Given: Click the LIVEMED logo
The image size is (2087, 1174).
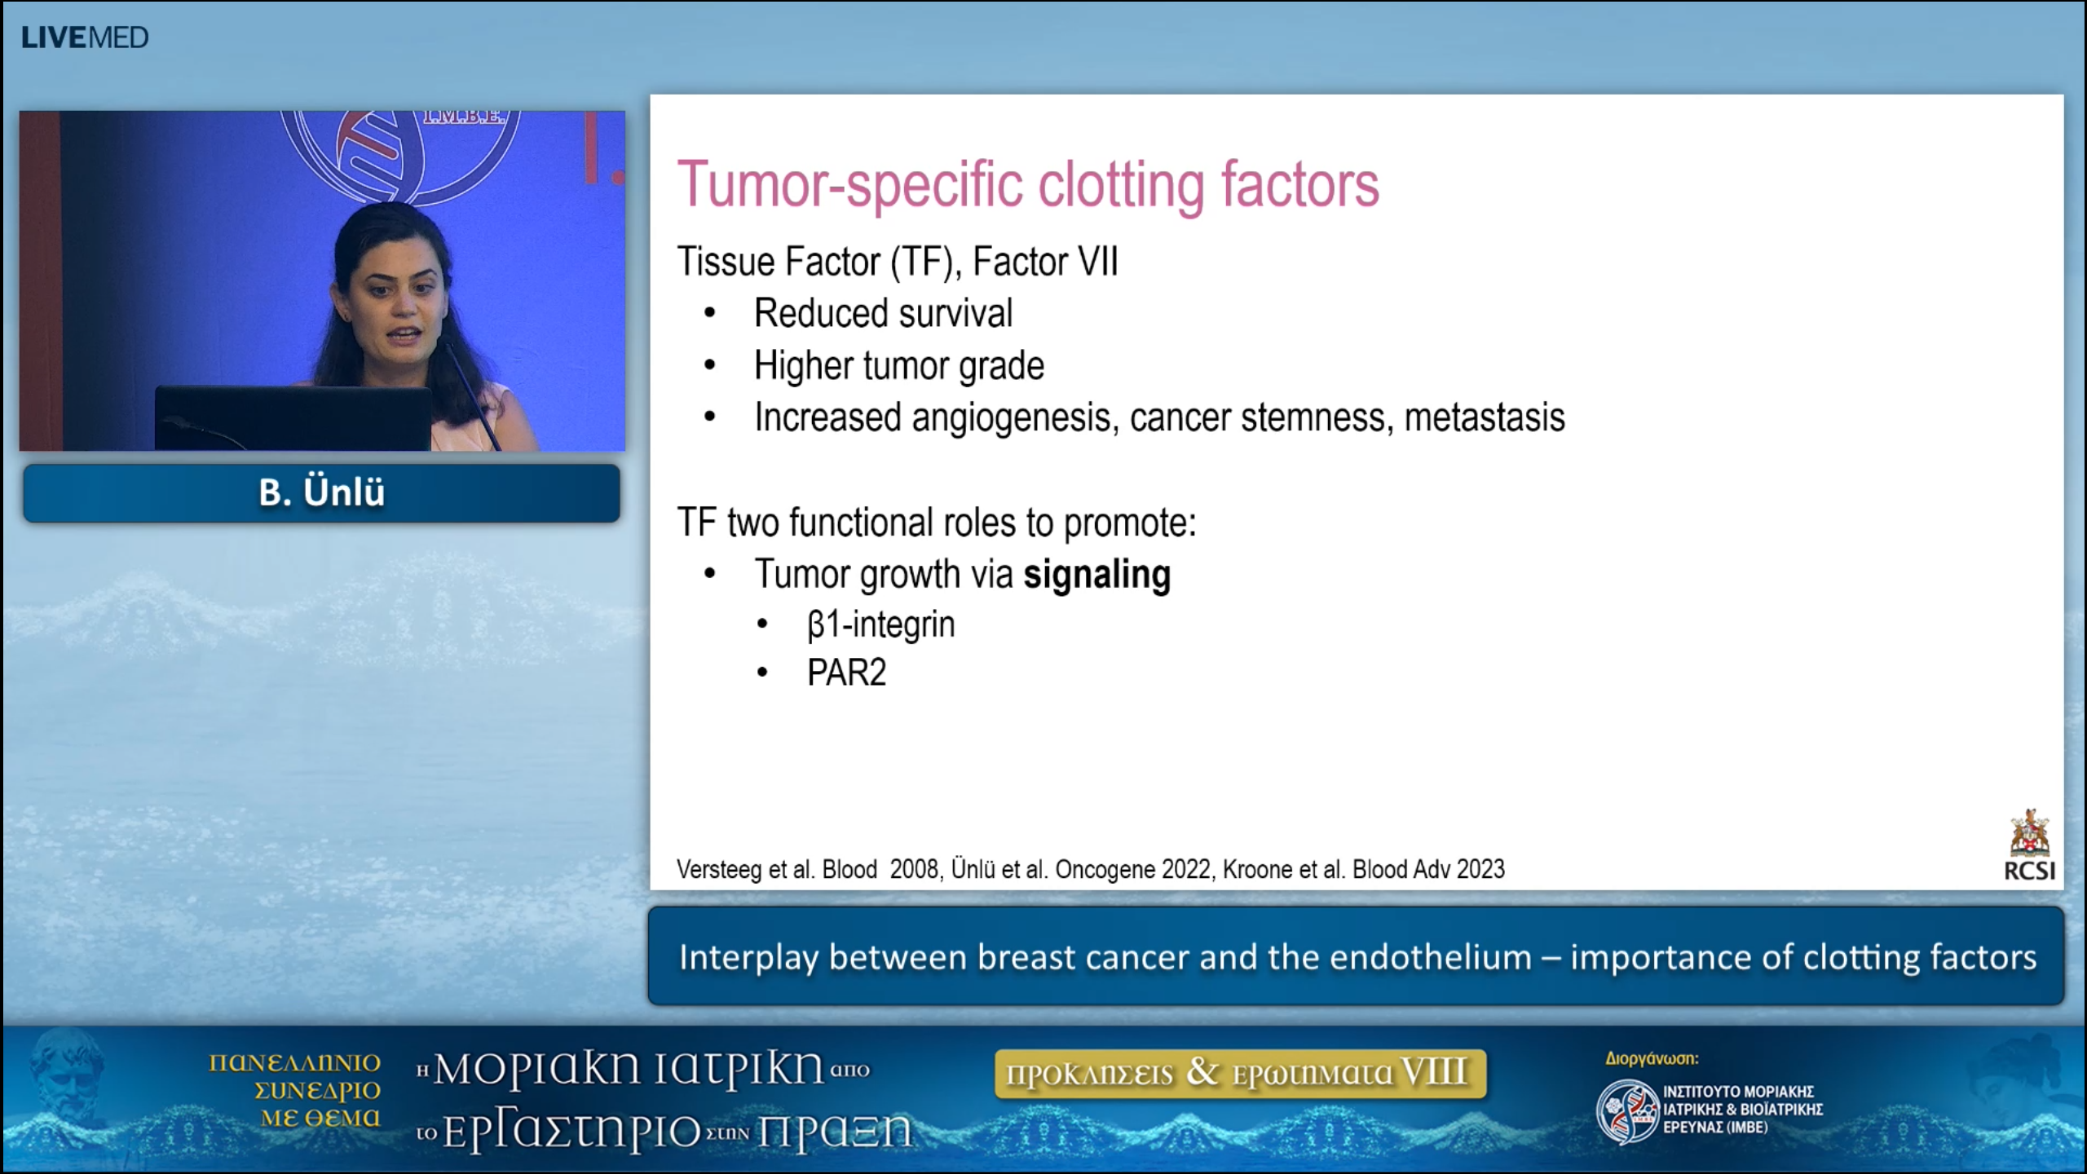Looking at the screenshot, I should pos(85,38).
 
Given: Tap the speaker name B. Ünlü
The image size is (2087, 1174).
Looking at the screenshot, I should pos(321,492).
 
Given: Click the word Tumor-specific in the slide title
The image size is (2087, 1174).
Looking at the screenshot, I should pos(849,184).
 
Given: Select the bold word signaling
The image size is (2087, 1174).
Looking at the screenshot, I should pos(1096,575).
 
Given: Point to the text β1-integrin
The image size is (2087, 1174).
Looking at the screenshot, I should pos(880,625).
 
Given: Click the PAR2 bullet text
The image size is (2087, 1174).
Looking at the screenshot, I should pos(846,673).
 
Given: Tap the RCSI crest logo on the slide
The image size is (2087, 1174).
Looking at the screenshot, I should pos(2029,834).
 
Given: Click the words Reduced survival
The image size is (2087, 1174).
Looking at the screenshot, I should pos(883,314).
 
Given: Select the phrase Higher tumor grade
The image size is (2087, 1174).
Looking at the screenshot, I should pos(898,366).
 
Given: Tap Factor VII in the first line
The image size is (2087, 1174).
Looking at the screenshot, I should pos(1045,263).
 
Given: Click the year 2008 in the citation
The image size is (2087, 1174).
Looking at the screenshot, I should pos(915,870).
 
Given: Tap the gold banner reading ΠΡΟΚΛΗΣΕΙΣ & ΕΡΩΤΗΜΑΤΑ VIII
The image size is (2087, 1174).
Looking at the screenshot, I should pos(1240,1074).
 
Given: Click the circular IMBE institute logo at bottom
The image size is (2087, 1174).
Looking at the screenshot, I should pos(1626,1111).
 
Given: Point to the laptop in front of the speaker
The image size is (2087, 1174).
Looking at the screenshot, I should pos(293,417).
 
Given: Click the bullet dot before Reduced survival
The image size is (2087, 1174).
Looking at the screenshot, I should pos(710,314).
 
